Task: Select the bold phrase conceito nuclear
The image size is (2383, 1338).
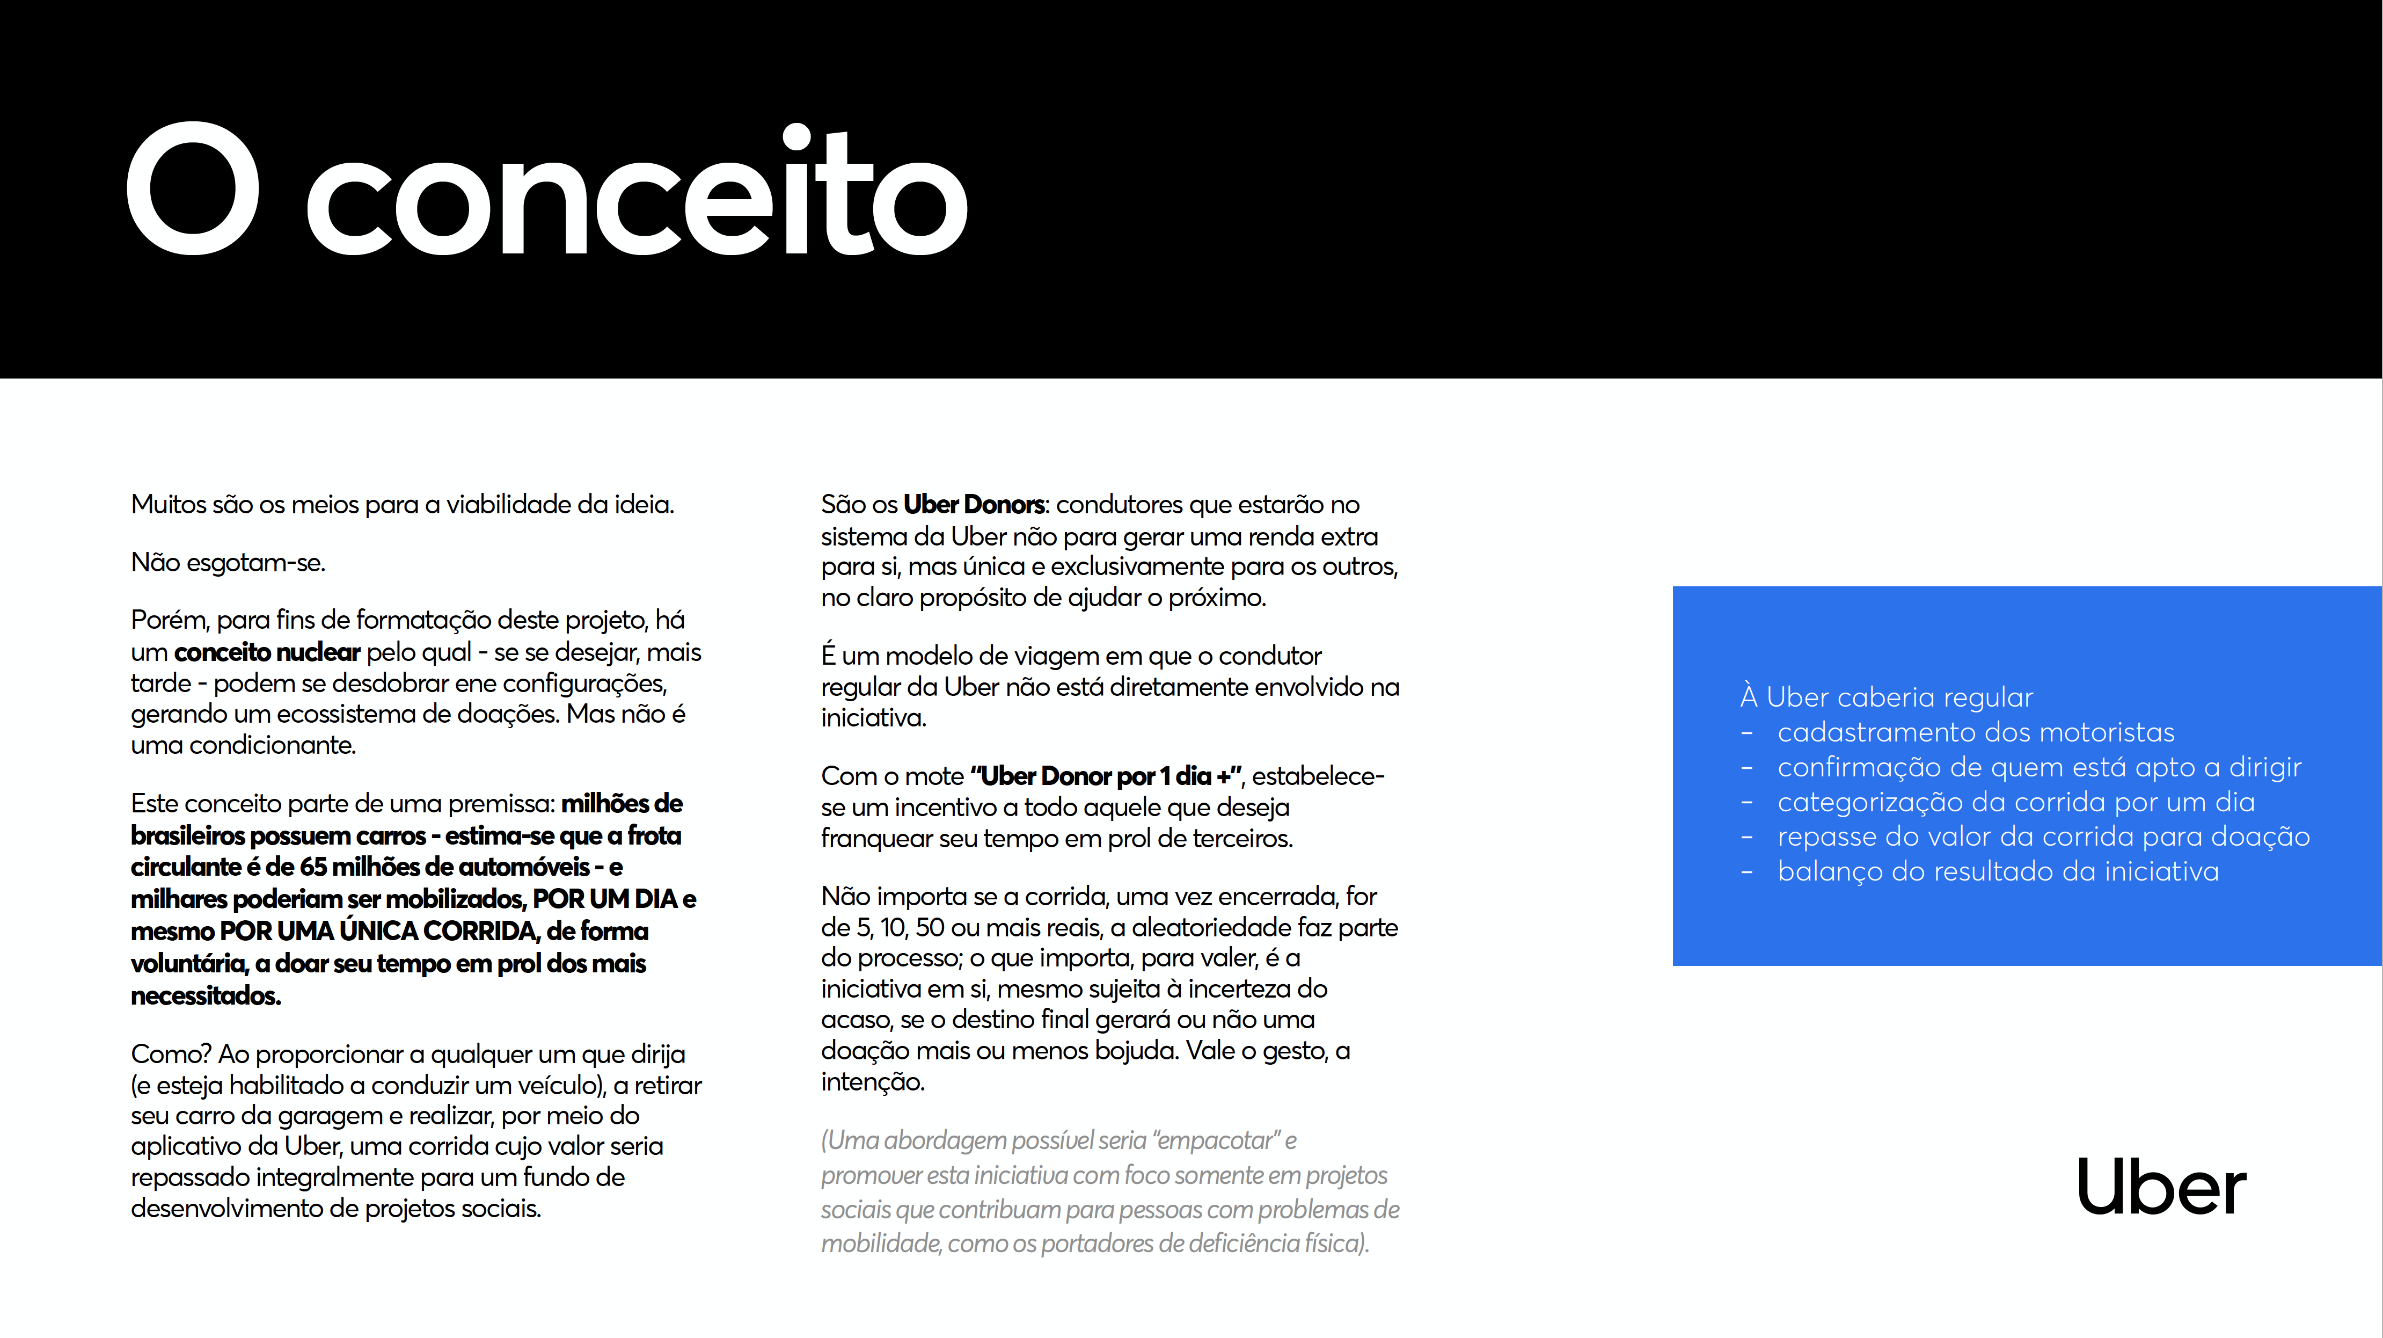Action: tap(266, 652)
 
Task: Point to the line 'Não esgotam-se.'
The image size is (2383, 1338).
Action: tap(228, 563)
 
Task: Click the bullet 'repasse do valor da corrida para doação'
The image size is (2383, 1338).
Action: tap(2043, 837)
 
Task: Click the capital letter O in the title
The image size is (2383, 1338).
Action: tap(193, 189)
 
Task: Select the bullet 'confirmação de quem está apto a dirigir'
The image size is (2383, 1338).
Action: tap(2039, 767)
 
